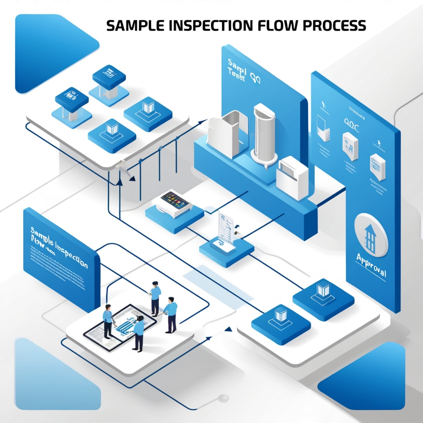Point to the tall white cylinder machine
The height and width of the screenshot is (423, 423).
264,132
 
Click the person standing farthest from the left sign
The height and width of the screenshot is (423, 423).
171,314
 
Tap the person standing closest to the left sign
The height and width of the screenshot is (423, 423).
108,321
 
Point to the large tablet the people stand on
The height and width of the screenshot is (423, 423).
120,326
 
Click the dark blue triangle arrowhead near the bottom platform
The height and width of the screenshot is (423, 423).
227,329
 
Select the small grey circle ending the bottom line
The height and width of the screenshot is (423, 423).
224,398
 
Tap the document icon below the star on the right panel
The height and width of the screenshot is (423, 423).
378,166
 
